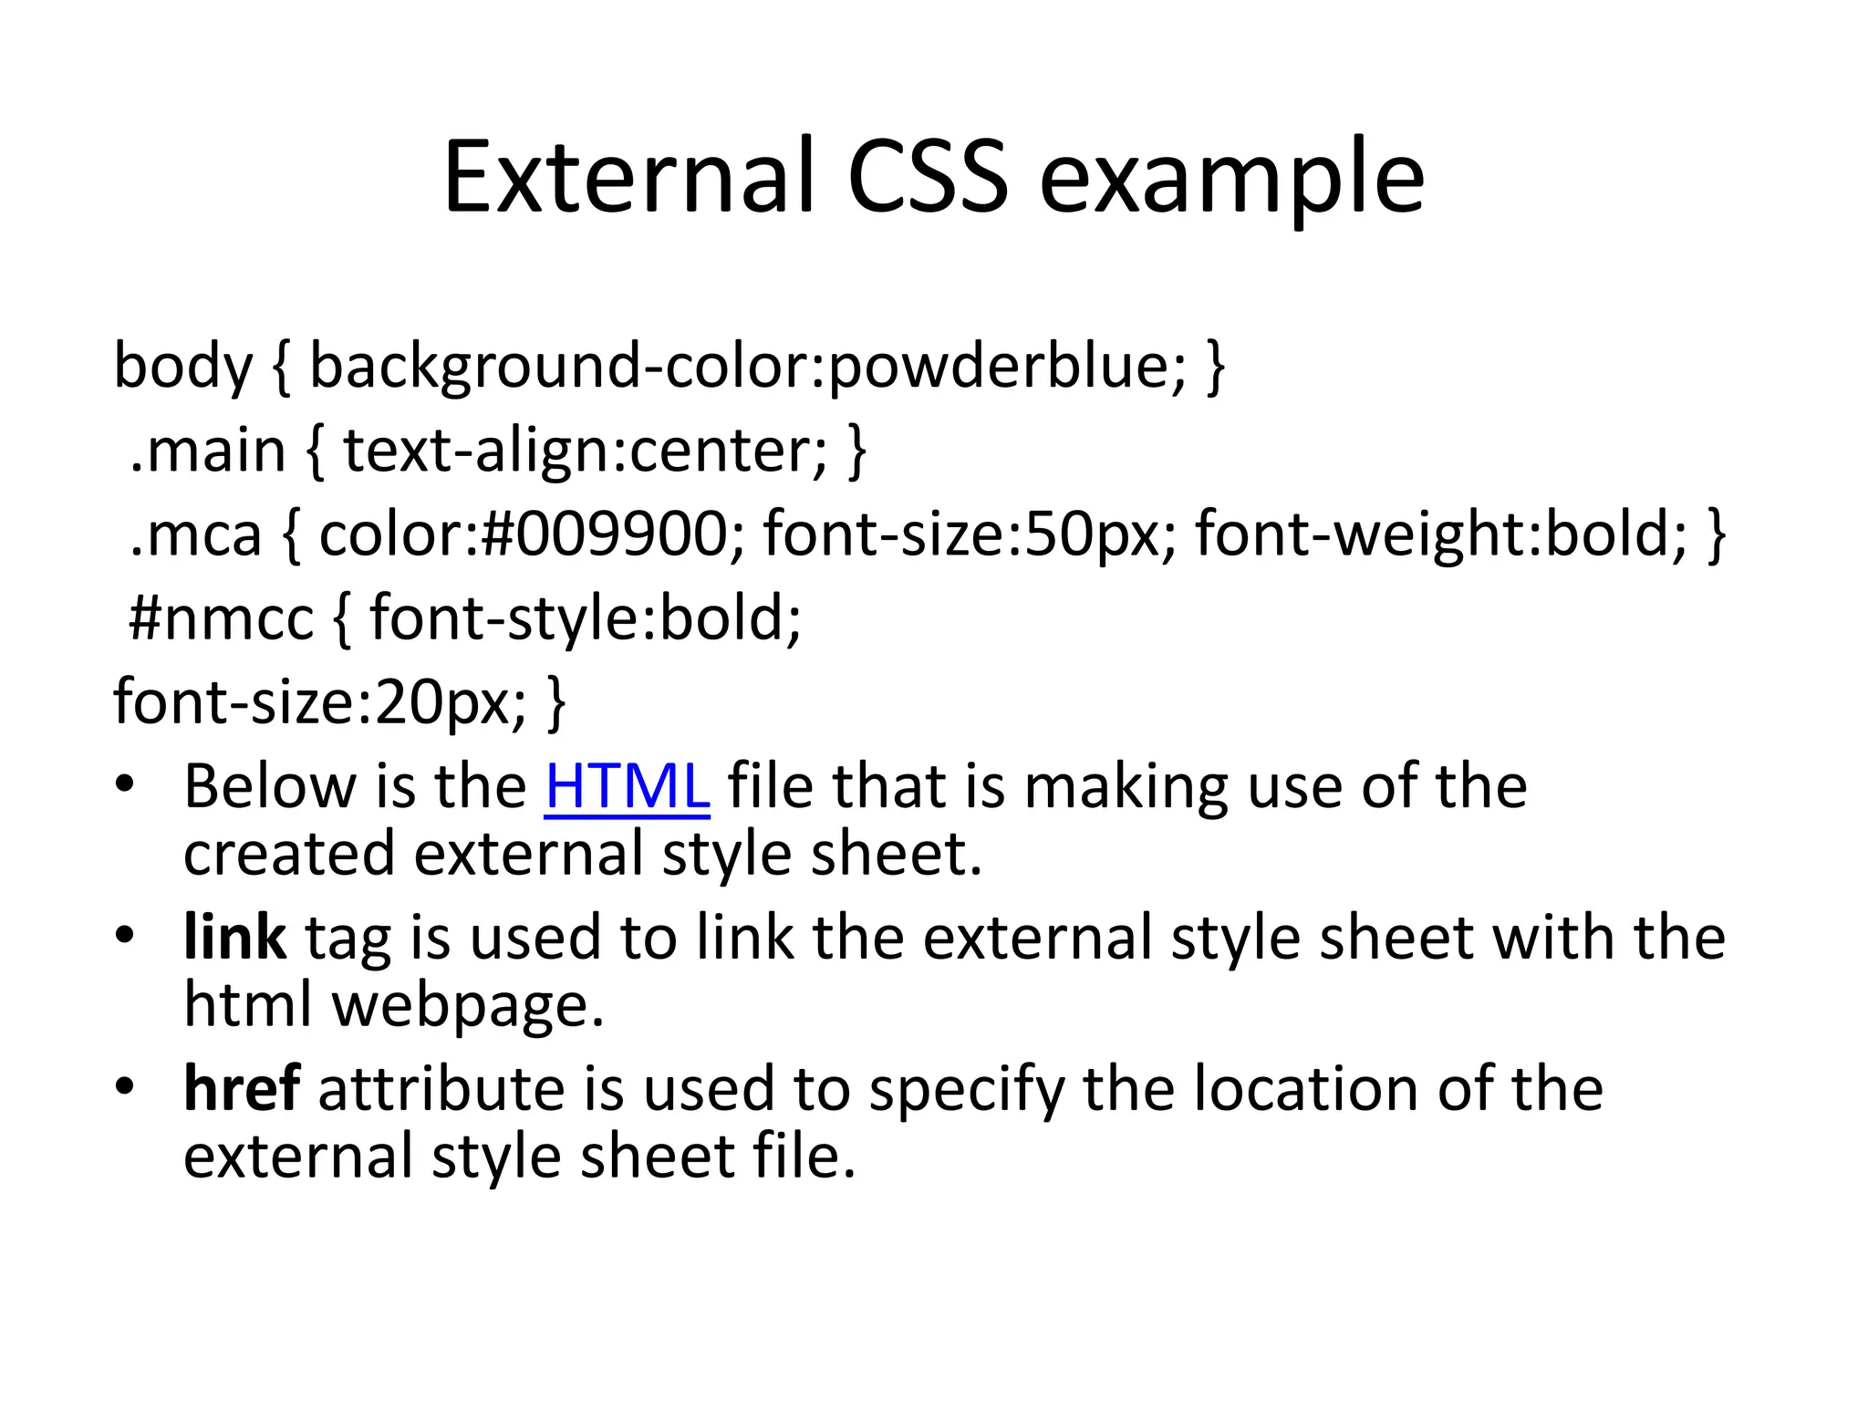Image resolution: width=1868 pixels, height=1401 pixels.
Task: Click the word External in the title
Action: [628, 177]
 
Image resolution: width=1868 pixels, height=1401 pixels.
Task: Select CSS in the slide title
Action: [929, 177]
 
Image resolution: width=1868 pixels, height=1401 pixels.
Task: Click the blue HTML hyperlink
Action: [627, 786]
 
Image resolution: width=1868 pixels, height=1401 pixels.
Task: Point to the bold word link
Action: [234, 938]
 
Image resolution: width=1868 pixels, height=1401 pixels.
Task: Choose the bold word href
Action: [242, 1089]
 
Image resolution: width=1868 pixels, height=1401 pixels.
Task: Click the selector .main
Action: [208, 451]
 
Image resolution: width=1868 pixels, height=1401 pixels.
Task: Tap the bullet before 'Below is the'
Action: [125, 784]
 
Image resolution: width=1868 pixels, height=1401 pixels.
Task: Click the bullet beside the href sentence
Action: [125, 1086]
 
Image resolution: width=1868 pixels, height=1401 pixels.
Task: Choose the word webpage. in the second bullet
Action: [468, 1005]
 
